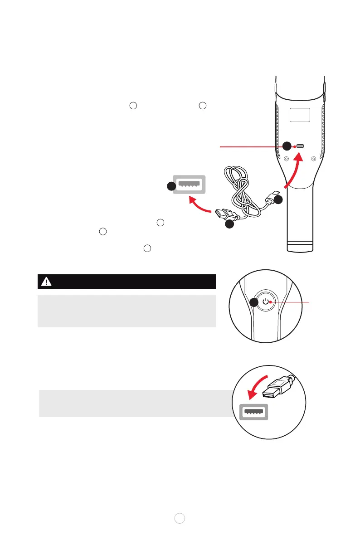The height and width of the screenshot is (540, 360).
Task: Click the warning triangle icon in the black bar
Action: (46, 282)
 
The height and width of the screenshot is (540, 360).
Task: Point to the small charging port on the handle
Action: (300, 146)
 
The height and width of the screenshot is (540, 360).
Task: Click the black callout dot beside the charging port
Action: (287, 146)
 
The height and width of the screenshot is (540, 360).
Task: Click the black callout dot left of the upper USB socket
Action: (170, 186)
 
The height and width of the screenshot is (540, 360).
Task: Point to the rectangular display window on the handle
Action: (300, 115)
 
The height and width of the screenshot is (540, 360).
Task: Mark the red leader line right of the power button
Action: (290, 302)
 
